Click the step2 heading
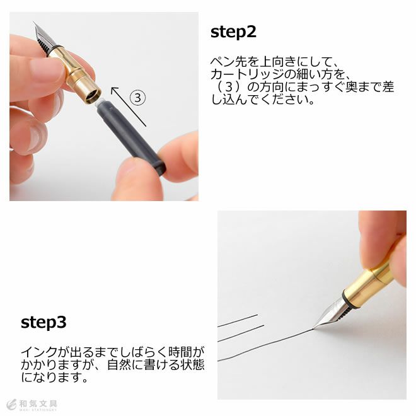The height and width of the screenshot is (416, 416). (233, 32)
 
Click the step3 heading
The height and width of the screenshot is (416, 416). (43, 323)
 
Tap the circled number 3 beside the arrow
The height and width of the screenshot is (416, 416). (137, 98)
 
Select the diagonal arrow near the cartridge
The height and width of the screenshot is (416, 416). (129, 107)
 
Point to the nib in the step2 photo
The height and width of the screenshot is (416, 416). (45, 37)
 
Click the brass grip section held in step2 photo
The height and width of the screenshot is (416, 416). (75, 75)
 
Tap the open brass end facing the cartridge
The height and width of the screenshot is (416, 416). (92, 96)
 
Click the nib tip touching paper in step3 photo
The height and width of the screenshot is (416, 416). (314, 328)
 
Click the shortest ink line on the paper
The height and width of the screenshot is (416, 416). (238, 320)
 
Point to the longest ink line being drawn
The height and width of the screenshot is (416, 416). (265, 345)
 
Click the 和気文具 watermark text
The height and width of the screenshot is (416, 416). (38, 404)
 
